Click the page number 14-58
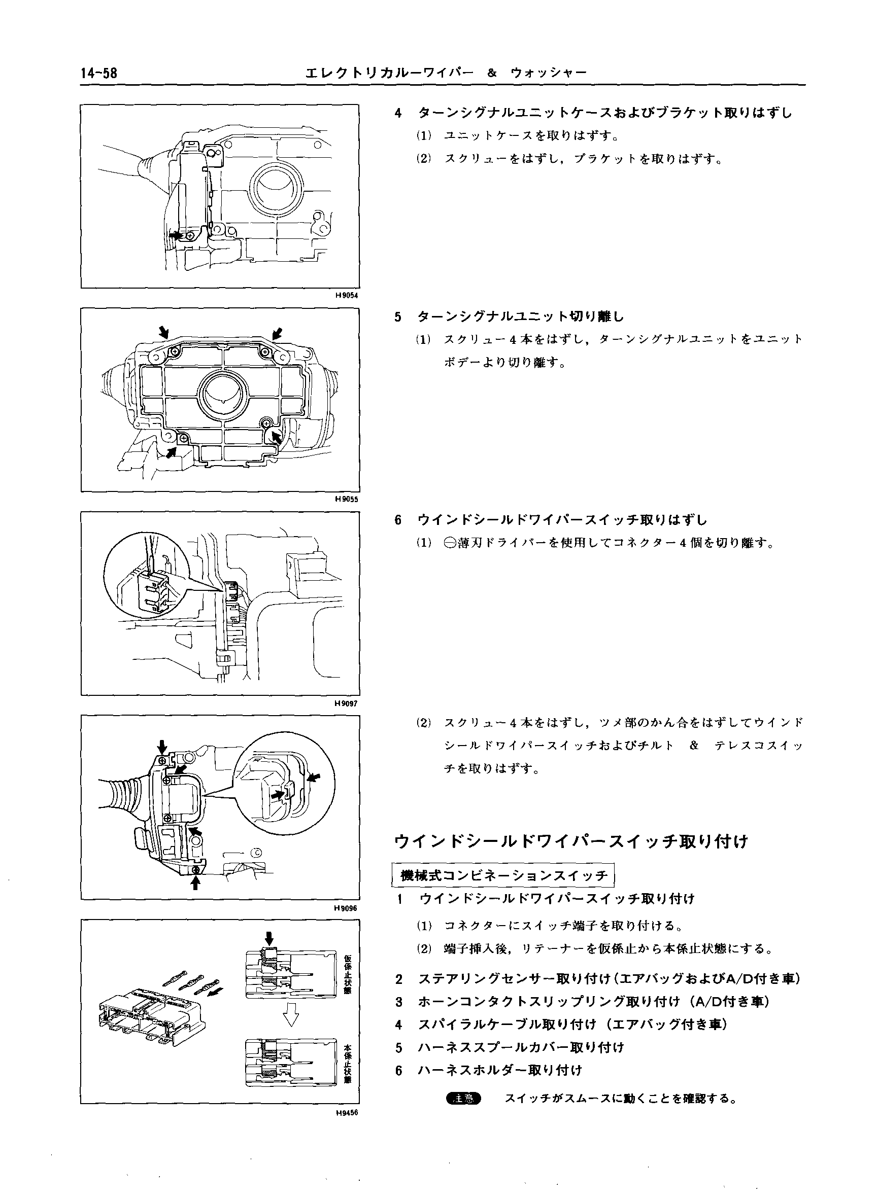tap(99, 74)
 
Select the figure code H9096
tap(347, 908)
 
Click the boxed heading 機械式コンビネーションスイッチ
tap(503, 876)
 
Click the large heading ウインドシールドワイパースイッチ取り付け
tap(571, 842)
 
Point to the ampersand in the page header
tap(492, 74)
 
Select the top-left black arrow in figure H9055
tap(164, 333)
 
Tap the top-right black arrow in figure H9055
tap(277, 333)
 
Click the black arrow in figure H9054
tap(176, 234)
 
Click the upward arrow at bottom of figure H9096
tap(195, 882)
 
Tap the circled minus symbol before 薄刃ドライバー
tap(450, 543)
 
